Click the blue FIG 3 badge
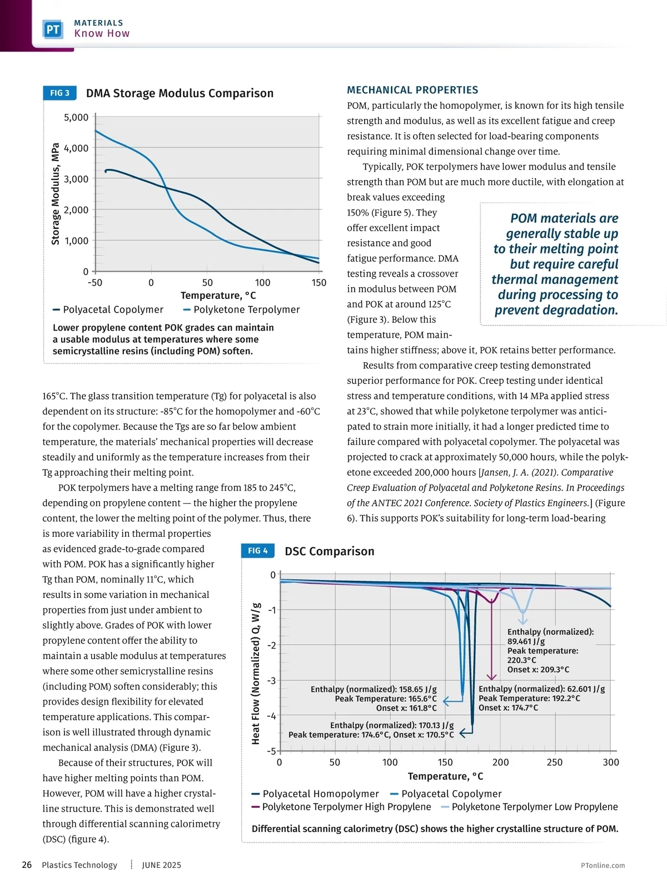[59, 93]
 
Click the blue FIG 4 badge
[257, 551]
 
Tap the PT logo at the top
[53, 29]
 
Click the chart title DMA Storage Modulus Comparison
[180, 93]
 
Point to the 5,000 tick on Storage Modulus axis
[76, 117]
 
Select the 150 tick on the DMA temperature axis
[318, 283]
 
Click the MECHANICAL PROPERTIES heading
[412, 90]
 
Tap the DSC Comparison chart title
[330, 551]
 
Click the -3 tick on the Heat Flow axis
[272, 681]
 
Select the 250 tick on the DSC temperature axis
[555, 762]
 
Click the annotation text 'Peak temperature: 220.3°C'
[542, 656]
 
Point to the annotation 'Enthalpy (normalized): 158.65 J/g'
[374, 690]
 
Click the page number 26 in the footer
[27, 865]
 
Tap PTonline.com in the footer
[603, 866]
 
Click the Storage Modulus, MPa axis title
[56, 194]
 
